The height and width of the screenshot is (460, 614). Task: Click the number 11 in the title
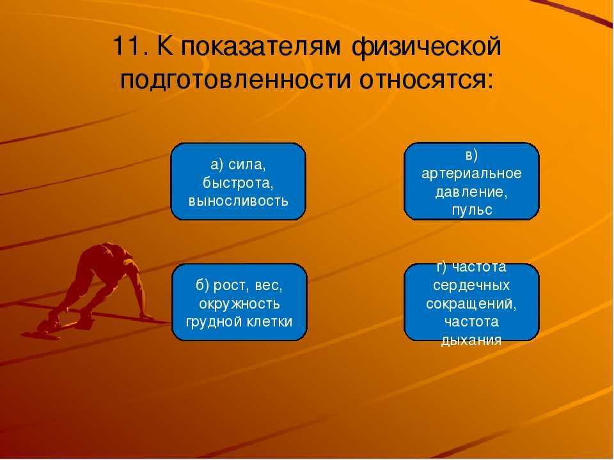[125, 46]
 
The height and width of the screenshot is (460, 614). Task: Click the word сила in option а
[247, 165]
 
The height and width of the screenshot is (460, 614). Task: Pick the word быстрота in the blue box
[238, 183]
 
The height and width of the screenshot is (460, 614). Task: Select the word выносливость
[238, 201]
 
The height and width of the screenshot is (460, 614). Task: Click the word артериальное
[471, 174]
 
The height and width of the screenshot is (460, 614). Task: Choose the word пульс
[472, 210]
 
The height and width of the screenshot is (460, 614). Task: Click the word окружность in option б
[239, 304]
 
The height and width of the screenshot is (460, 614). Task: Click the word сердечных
[471, 285]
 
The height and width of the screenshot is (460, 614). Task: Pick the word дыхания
[471, 340]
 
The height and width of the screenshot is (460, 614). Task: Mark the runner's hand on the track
[146, 316]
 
